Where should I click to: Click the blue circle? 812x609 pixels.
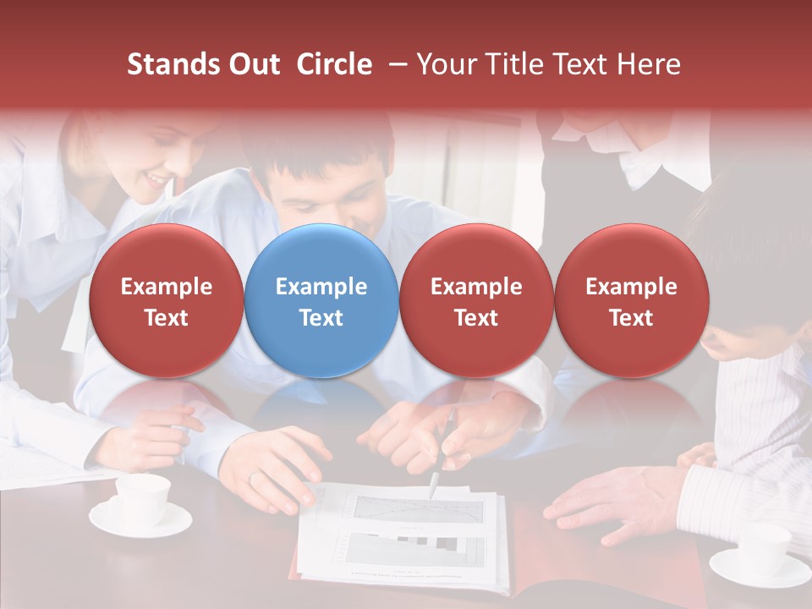pyautogui.click(x=321, y=301)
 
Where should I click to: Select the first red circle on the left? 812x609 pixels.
pyautogui.click(x=166, y=301)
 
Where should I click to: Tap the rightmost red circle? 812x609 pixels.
pyautogui.click(x=631, y=301)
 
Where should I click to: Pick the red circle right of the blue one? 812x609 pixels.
pyautogui.click(x=476, y=301)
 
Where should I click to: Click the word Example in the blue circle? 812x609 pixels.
pyautogui.click(x=321, y=287)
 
